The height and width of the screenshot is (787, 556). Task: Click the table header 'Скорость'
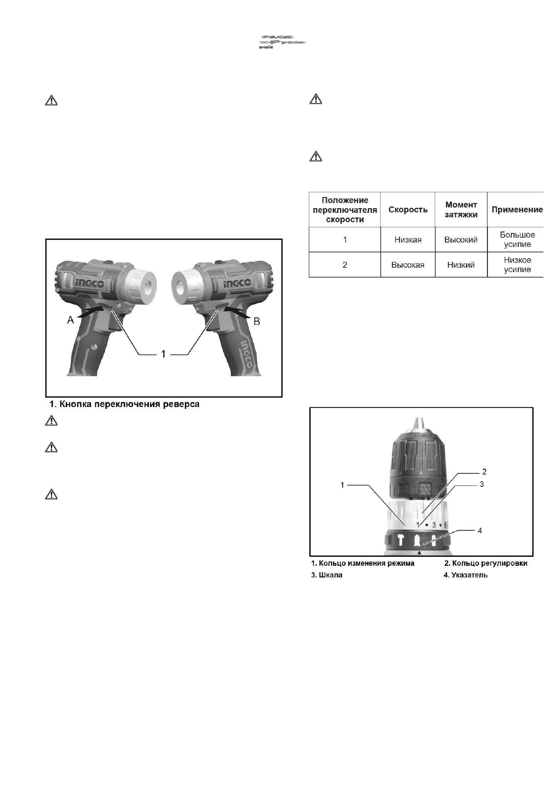pyautogui.click(x=408, y=210)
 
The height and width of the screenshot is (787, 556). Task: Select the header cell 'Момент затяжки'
pyautogui.click(x=461, y=210)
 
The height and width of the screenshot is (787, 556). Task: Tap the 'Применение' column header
pyautogui.click(x=517, y=210)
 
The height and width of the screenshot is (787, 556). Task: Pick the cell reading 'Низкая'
pyautogui.click(x=408, y=240)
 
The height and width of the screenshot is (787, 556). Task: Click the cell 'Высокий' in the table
pyautogui.click(x=461, y=240)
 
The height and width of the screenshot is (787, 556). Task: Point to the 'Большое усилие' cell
pyautogui.click(x=517, y=239)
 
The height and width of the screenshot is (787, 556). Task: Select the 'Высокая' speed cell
pyautogui.click(x=408, y=265)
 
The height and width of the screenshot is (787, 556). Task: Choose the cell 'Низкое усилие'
pyautogui.click(x=517, y=265)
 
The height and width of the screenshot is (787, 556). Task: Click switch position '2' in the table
pyautogui.click(x=345, y=265)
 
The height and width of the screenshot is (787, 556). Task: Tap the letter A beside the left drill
pyautogui.click(x=70, y=320)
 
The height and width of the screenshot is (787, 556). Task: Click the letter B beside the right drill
pyautogui.click(x=256, y=322)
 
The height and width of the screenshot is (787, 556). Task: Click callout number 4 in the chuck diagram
pyautogui.click(x=480, y=530)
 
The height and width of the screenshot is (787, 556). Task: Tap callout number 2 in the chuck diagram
pyautogui.click(x=484, y=471)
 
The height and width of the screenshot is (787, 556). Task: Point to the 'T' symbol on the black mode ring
pyautogui.click(x=401, y=540)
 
